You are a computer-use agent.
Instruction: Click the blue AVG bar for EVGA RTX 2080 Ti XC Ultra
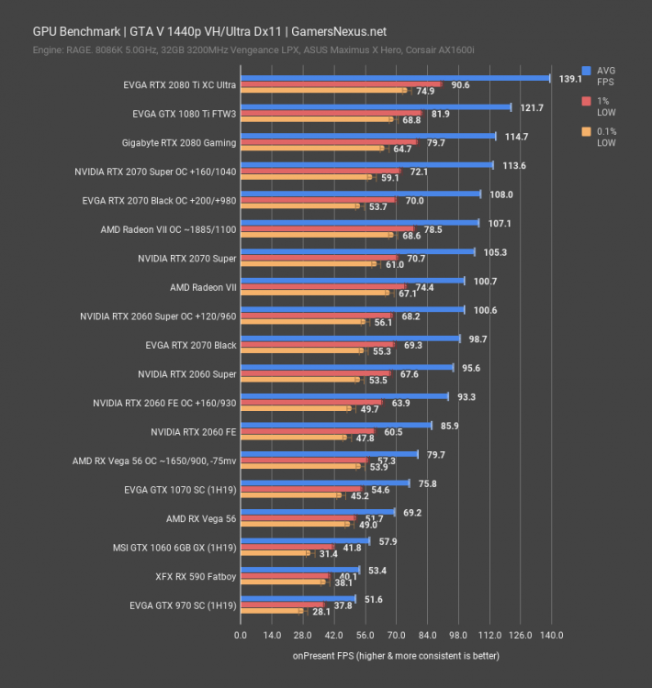pyautogui.click(x=395, y=78)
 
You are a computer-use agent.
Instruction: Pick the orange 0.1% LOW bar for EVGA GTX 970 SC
pyautogui.click(x=272, y=611)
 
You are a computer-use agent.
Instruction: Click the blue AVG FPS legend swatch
pyautogui.click(x=586, y=70)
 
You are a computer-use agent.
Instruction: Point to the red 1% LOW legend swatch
pyautogui.click(x=586, y=100)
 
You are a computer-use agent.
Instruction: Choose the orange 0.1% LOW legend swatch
pyautogui.click(x=586, y=131)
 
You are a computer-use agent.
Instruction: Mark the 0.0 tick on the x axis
pyautogui.click(x=241, y=635)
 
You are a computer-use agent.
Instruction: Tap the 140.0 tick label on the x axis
pyautogui.click(x=551, y=635)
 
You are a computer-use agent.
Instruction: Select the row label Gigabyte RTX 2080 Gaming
pyautogui.click(x=178, y=142)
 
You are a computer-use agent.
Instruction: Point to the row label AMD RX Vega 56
pyautogui.click(x=201, y=518)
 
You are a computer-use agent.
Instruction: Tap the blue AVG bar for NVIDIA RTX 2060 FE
pyautogui.click(x=336, y=425)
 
